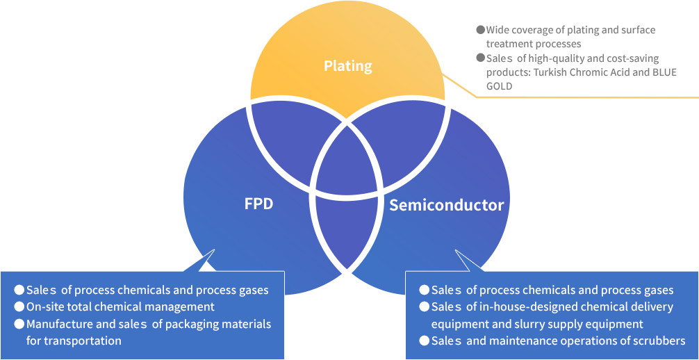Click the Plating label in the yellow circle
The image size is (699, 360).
pos(347,67)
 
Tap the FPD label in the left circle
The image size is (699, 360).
pos(258,205)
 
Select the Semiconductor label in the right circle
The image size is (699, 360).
pos(446,205)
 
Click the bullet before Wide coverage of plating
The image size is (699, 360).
pos(479,30)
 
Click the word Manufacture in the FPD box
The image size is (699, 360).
pos(58,324)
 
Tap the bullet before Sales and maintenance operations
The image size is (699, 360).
pos(423,341)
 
